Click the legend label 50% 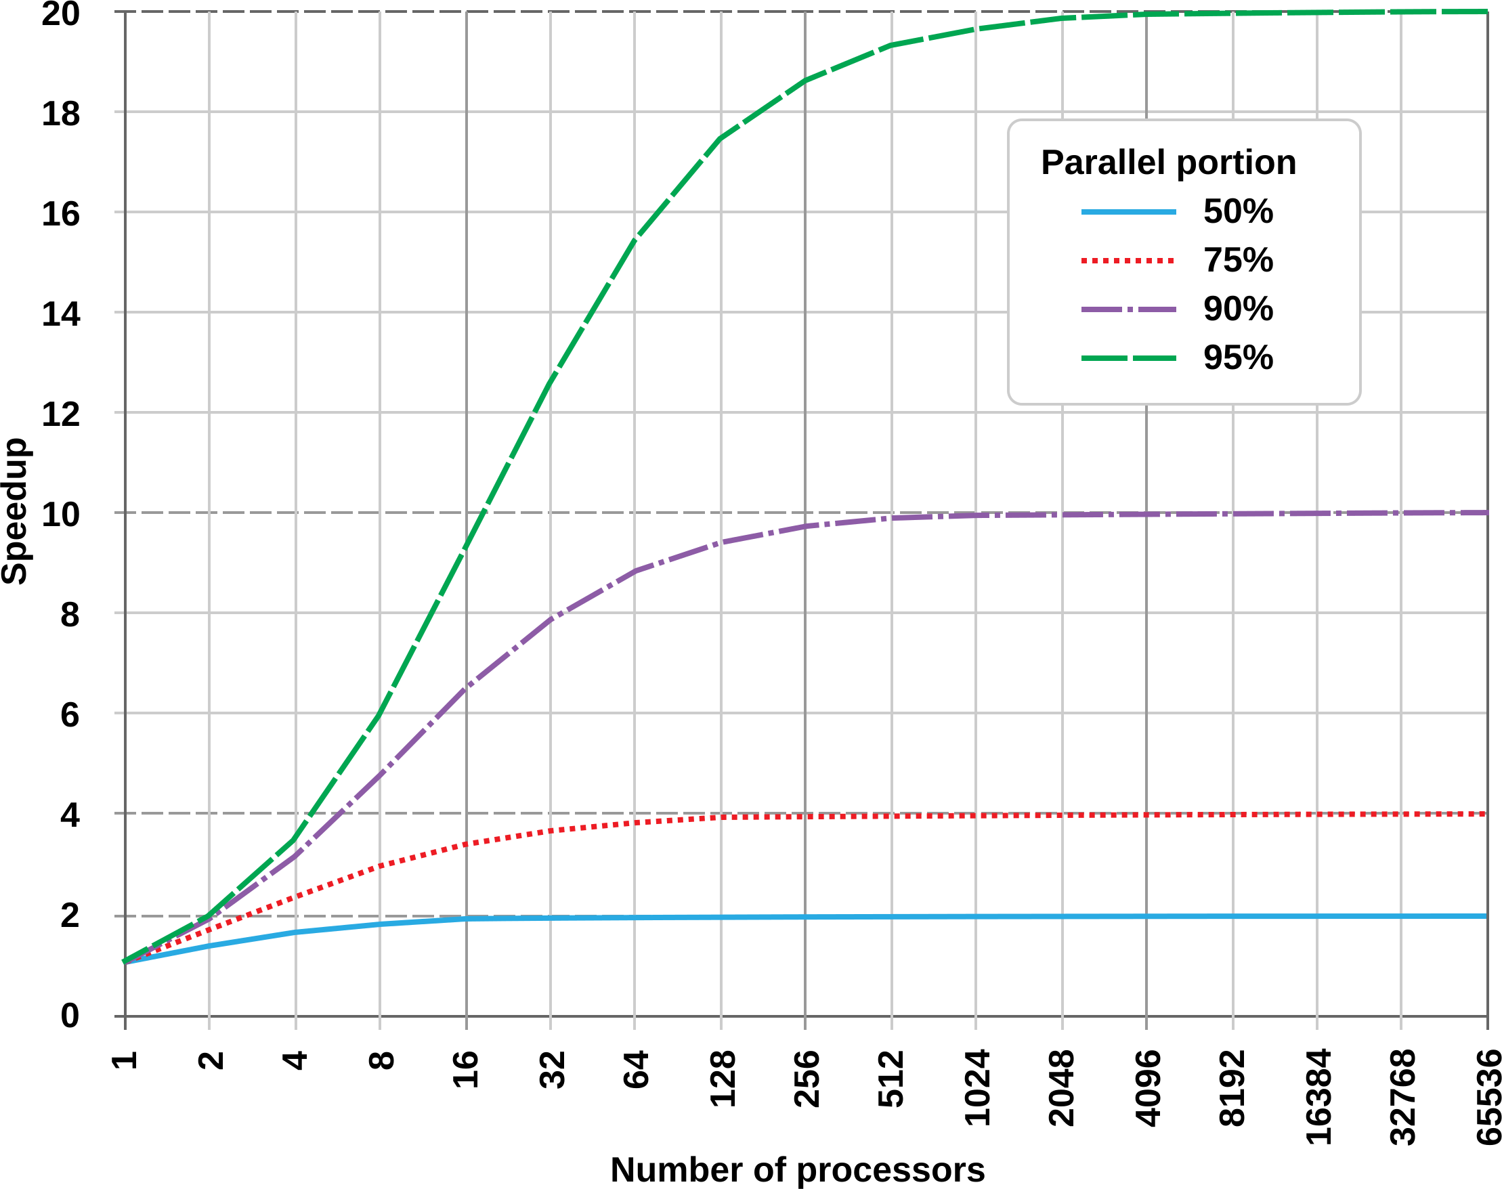coord(1237,212)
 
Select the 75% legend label coord(1237,261)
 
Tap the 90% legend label coord(1237,309)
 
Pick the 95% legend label coord(1237,358)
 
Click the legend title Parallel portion coord(1168,163)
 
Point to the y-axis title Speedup coord(16,511)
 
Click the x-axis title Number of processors coord(798,1169)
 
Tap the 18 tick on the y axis coord(60,114)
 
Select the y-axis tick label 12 coord(60,415)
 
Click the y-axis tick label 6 coord(70,715)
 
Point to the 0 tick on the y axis coord(70,1016)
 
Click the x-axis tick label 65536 coord(1488,1097)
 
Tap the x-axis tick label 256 coord(806,1079)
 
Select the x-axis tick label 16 coord(466,1069)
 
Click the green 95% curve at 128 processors coord(721,138)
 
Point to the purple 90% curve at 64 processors coord(634,571)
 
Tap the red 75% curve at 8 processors coord(379,866)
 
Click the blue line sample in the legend coord(1128,212)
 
